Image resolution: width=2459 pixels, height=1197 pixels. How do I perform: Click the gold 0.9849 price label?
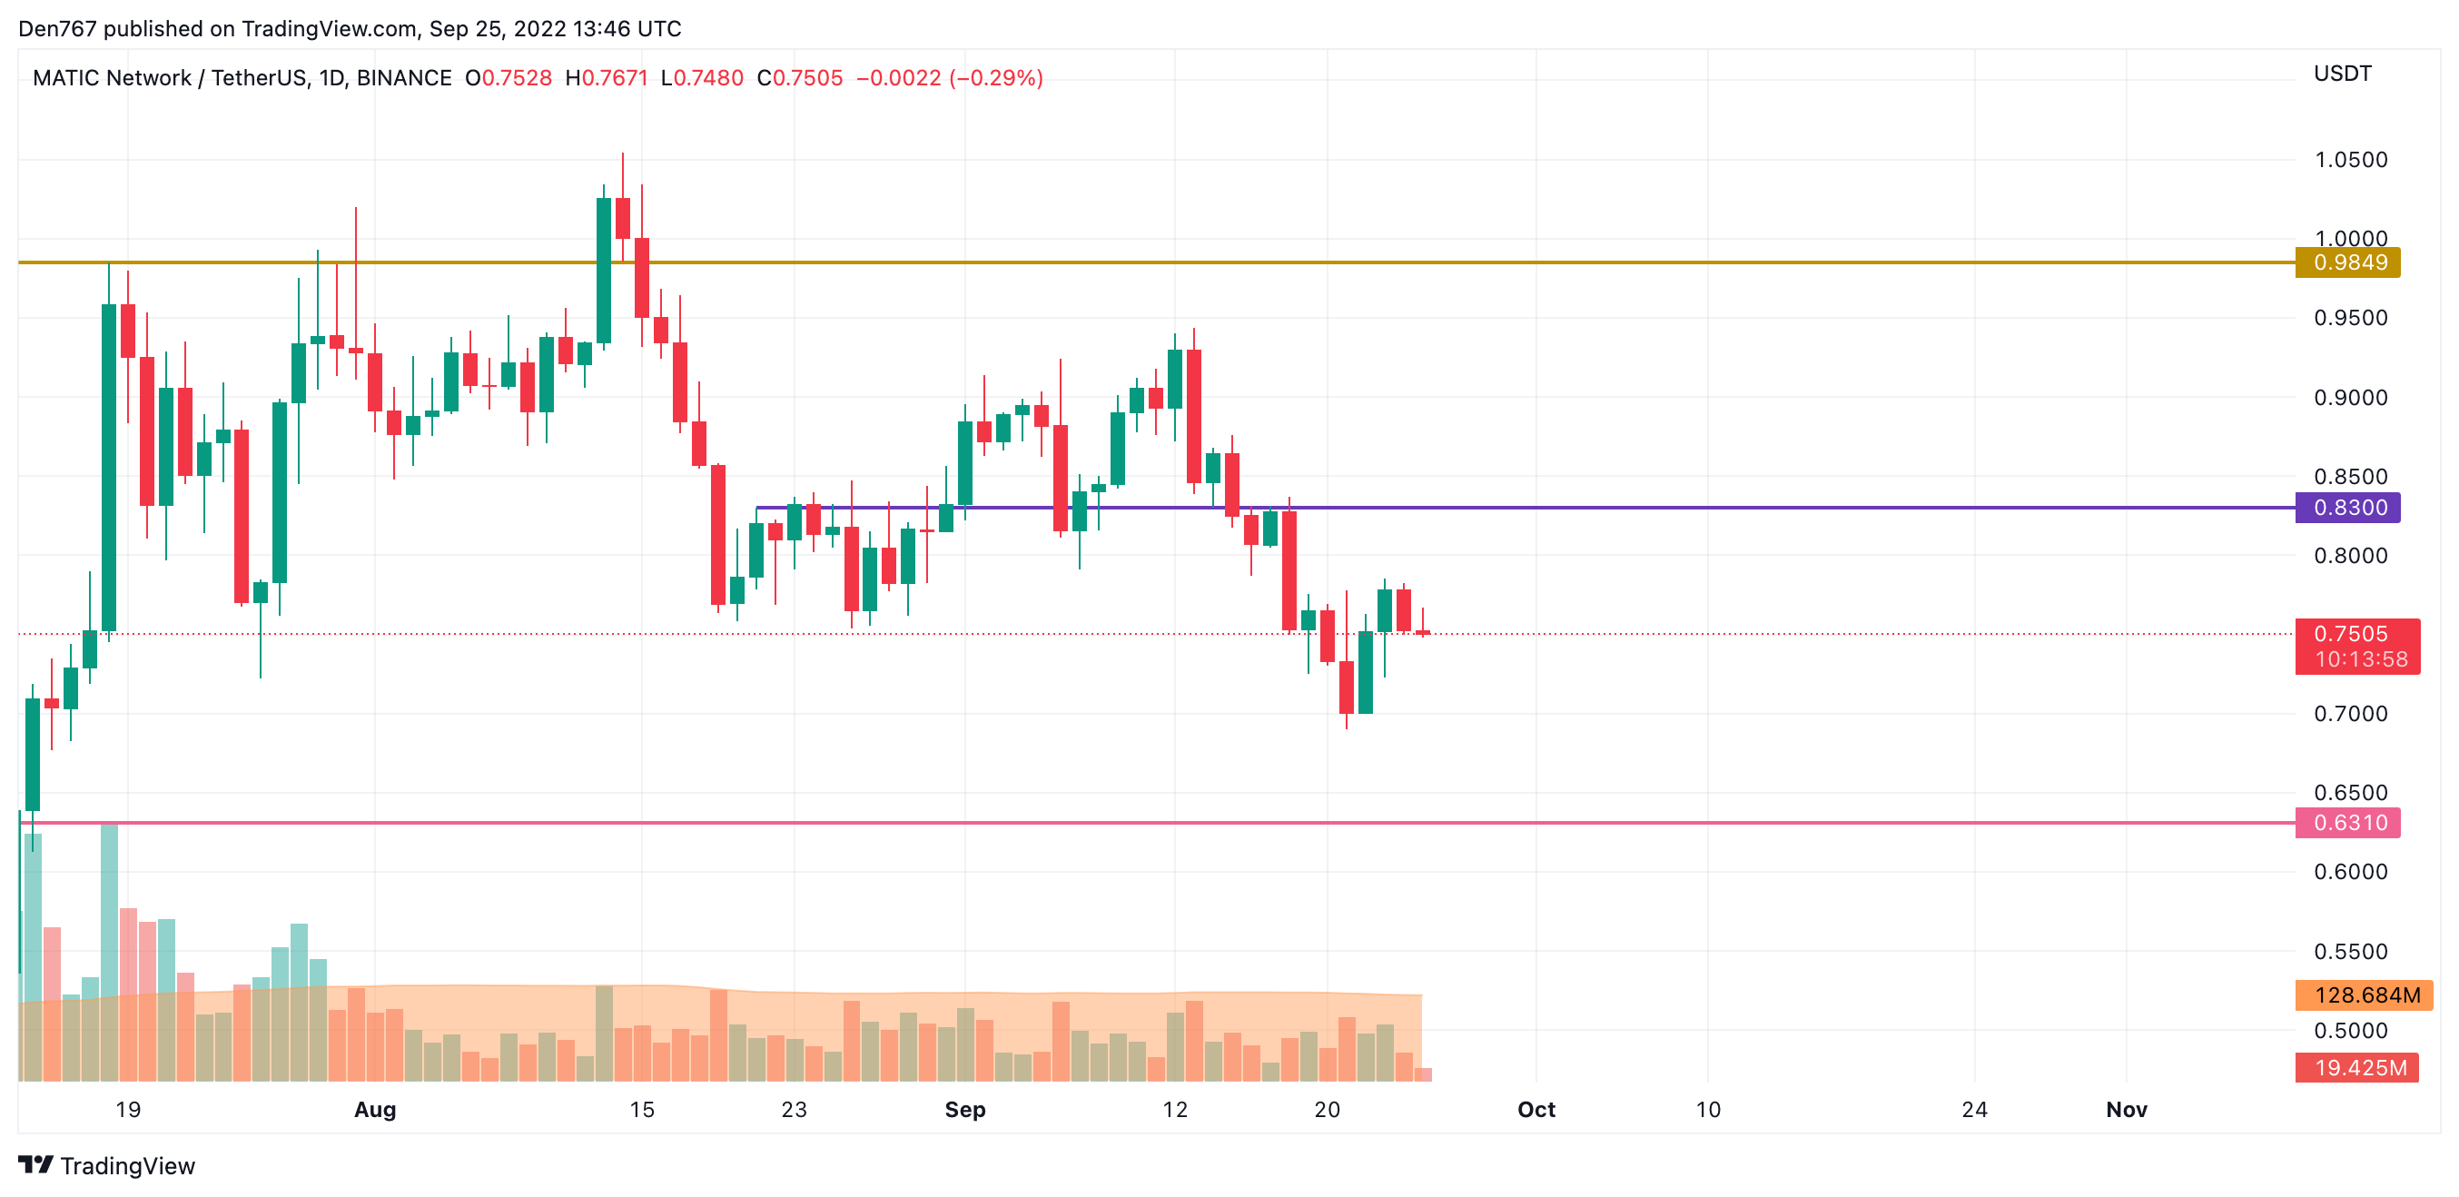(2347, 262)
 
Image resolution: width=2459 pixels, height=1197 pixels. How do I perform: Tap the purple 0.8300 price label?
(2347, 508)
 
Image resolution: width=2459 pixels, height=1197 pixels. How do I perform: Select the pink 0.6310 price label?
(2347, 823)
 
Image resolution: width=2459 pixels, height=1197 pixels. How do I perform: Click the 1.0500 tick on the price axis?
(2350, 160)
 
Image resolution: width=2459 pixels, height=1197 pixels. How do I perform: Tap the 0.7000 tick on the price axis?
(2350, 714)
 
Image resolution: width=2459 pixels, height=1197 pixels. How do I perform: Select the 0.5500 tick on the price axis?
(2350, 952)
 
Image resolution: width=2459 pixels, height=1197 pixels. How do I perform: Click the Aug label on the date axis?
(374, 1110)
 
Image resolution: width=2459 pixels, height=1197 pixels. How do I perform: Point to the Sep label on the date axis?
(964, 1110)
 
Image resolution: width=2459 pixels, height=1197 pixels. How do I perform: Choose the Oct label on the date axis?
(1536, 1110)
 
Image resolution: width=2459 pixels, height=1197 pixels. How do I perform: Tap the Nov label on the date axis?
(2126, 1110)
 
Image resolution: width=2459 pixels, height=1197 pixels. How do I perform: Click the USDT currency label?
(2342, 74)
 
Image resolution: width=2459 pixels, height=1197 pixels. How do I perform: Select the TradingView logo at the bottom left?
(107, 1166)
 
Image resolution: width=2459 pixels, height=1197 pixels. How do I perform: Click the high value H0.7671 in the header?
(607, 78)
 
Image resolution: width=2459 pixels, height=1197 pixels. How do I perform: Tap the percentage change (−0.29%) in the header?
(995, 78)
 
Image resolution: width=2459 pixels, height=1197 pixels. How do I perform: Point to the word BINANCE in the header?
(404, 78)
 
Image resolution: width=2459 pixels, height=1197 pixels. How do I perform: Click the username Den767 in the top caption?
(57, 29)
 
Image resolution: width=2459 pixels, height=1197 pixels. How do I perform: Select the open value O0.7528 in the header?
(508, 78)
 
